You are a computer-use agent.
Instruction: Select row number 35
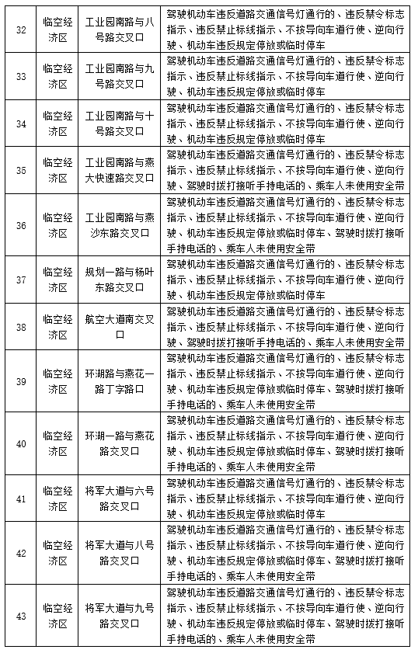point(21,170)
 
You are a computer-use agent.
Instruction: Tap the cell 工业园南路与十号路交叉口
point(120,123)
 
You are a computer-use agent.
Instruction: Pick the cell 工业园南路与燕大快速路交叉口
point(120,170)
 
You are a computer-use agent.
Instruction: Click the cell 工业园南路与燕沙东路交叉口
point(120,225)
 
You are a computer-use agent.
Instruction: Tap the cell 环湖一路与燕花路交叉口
point(120,443)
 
